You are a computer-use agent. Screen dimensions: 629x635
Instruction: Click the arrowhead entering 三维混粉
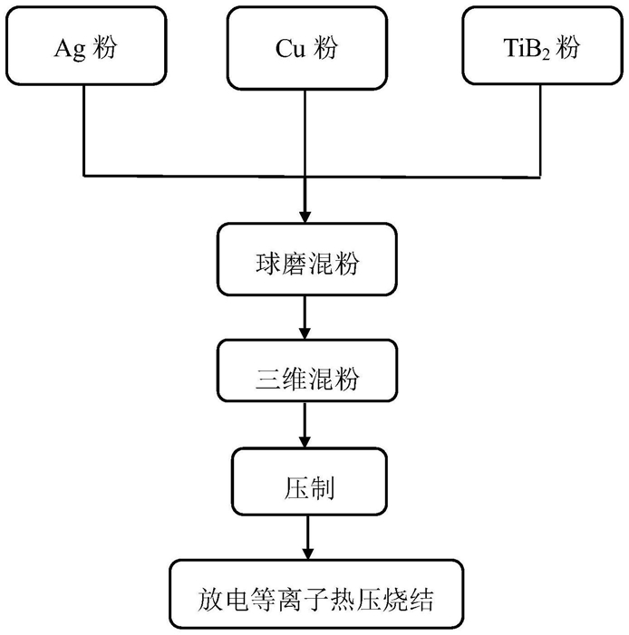click(305, 333)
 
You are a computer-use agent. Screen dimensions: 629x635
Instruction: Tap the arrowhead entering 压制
click(305, 442)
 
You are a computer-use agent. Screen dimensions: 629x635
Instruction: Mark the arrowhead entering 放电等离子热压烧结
click(308, 554)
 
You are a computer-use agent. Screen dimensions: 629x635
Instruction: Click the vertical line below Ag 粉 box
click(84, 130)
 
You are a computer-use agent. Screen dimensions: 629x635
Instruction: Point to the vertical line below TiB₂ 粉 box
click(540, 130)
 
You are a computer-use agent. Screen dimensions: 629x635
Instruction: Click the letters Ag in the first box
click(70, 49)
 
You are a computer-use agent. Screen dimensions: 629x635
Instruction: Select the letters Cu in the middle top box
click(290, 48)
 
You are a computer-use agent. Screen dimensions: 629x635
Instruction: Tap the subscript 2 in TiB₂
click(546, 54)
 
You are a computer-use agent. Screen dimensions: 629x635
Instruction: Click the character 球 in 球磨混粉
click(268, 264)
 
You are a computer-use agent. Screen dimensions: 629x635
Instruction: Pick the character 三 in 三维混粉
click(268, 379)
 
